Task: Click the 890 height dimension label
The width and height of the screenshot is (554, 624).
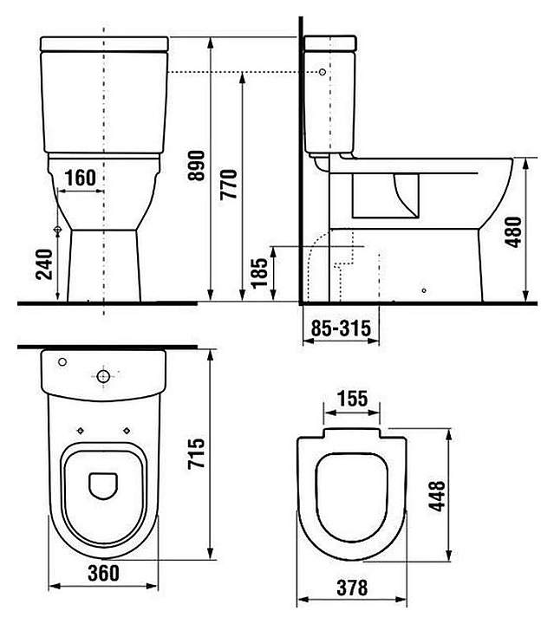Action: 197,166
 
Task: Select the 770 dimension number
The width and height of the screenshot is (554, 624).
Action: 229,185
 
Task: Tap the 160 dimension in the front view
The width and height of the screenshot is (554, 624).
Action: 81,178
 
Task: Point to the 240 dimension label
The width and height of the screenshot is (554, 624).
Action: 44,264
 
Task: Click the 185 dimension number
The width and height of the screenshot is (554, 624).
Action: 259,273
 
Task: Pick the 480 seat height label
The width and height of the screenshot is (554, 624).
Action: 512,232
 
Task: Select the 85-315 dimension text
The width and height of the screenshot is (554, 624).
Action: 341,328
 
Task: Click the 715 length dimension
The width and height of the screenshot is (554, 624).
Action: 196,453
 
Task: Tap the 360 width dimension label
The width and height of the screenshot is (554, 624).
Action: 103,573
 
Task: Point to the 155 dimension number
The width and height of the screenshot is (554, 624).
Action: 352,399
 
